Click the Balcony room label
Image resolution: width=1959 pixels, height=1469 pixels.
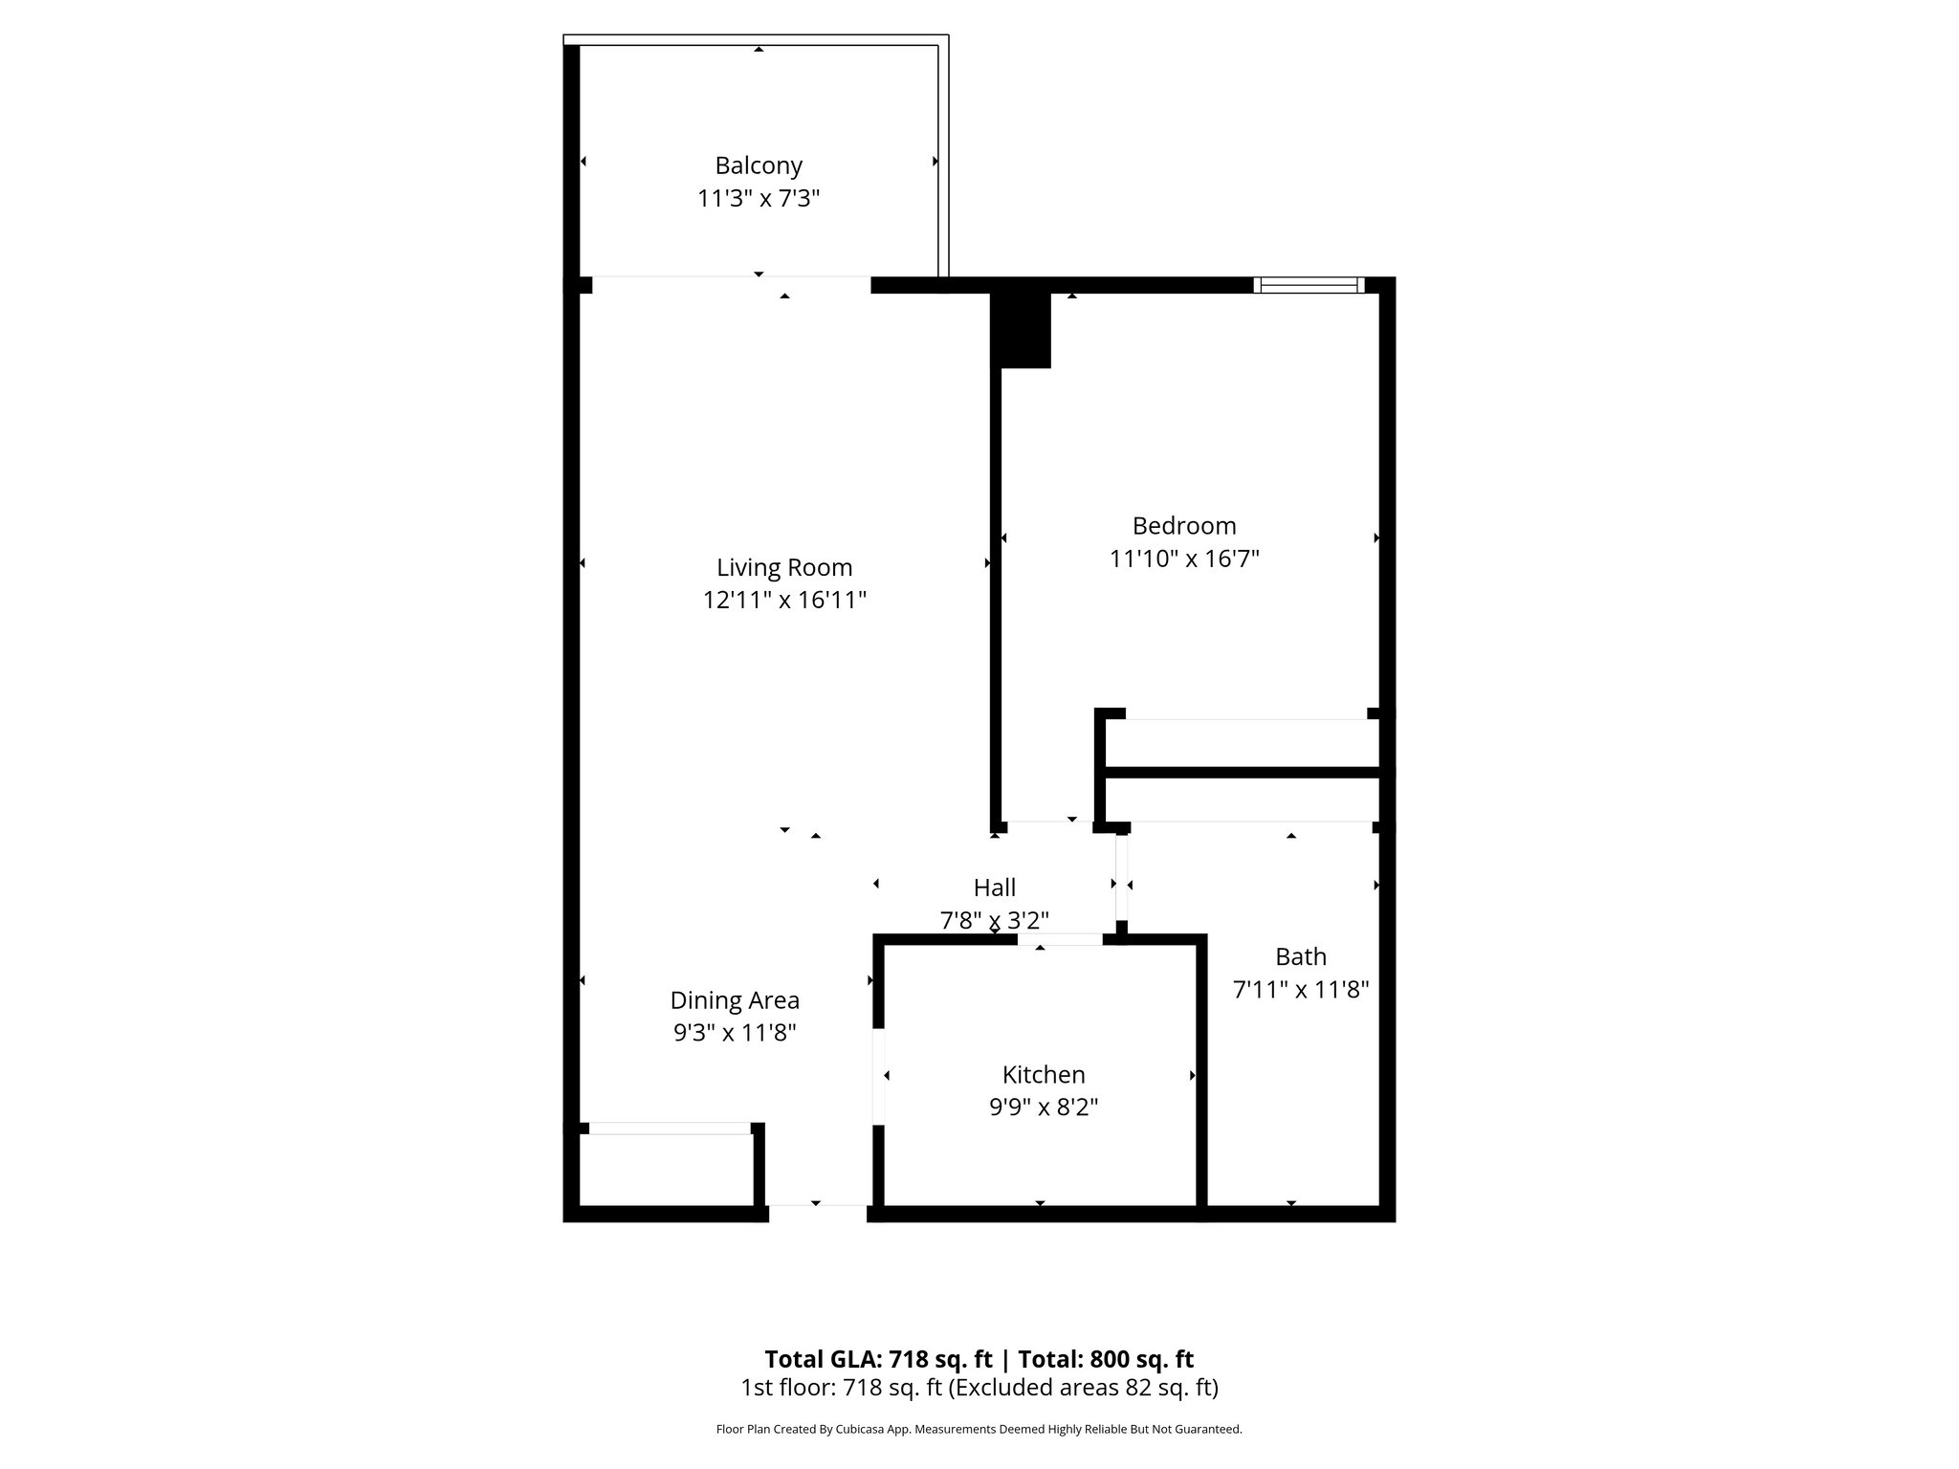click(x=759, y=165)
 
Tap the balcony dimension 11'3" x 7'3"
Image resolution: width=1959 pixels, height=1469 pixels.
click(x=759, y=199)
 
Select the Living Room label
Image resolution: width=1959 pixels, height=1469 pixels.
click(x=784, y=567)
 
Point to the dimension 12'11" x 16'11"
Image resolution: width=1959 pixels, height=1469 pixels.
click(x=784, y=601)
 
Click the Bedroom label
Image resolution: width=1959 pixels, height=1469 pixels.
click(x=1184, y=525)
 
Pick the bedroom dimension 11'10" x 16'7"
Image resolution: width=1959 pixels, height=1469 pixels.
click(x=1184, y=559)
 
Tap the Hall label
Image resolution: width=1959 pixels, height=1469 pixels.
click(x=995, y=888)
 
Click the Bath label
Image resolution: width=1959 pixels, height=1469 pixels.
click(x=1301, y=956)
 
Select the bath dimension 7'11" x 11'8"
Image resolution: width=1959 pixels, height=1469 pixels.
click(x=1301, y=989)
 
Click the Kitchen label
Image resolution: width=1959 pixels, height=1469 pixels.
click(x=1044, y=1074)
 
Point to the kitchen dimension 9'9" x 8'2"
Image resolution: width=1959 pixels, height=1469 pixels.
click(x=1044, y=1107)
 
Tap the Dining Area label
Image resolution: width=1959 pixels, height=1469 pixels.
click(x=735, y=1000)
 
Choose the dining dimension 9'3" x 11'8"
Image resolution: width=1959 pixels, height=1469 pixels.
click(x=735, y=1033)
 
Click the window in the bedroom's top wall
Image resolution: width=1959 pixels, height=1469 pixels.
click(x=1309, y=285)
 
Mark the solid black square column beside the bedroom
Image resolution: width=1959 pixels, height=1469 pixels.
click(x=1022, y=330)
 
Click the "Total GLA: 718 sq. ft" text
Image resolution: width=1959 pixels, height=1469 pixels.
click(x=879, y=1359)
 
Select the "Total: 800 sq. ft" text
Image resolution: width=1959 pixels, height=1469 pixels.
click(x=1106, y=1359)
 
